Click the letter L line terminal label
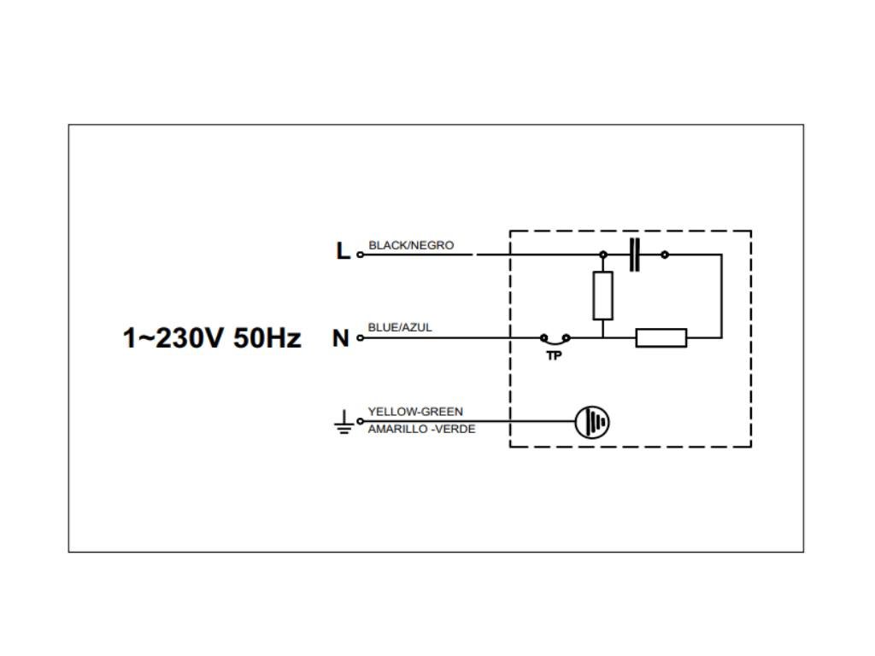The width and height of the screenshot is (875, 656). point(342,252)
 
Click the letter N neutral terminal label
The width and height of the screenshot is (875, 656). point(341,338)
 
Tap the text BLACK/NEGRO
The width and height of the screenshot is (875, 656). point(411,245)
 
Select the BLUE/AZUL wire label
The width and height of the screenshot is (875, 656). point(400,327)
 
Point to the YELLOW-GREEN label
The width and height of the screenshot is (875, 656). point(415,411)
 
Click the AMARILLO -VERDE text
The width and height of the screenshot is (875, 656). point(421,429)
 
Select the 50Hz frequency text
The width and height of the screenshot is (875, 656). point(267,338)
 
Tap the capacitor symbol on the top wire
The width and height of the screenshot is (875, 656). point(634,255)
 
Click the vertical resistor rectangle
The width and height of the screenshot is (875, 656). point(603,296)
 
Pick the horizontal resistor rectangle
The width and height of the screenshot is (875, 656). point(661,338)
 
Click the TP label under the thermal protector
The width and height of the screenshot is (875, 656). point(555,355)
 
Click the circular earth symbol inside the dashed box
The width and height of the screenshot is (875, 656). point(592,421)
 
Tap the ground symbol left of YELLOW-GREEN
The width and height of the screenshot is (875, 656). point(343,422)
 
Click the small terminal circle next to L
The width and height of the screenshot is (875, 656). point(360,255)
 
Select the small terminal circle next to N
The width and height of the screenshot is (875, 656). point(360,338)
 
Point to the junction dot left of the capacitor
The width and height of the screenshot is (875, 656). point(603,255)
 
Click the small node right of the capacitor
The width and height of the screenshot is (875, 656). point(665,255)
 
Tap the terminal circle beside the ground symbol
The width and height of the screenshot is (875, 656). point(360,421)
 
